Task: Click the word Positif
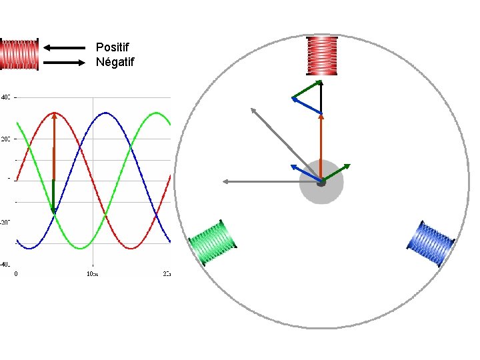tap(113, 47)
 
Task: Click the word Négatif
tap(115, 63)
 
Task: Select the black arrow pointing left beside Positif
tap(64, 47)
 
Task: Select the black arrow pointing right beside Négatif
tap(64, 63)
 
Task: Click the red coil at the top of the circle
tap(323, 55)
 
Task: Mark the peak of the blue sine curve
tap(105, 113)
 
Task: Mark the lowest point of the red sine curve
tap(131, 248)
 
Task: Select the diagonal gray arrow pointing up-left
tap(285, 144)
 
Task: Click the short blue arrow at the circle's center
tap(306, 173)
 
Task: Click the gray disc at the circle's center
tap(321, 193)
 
